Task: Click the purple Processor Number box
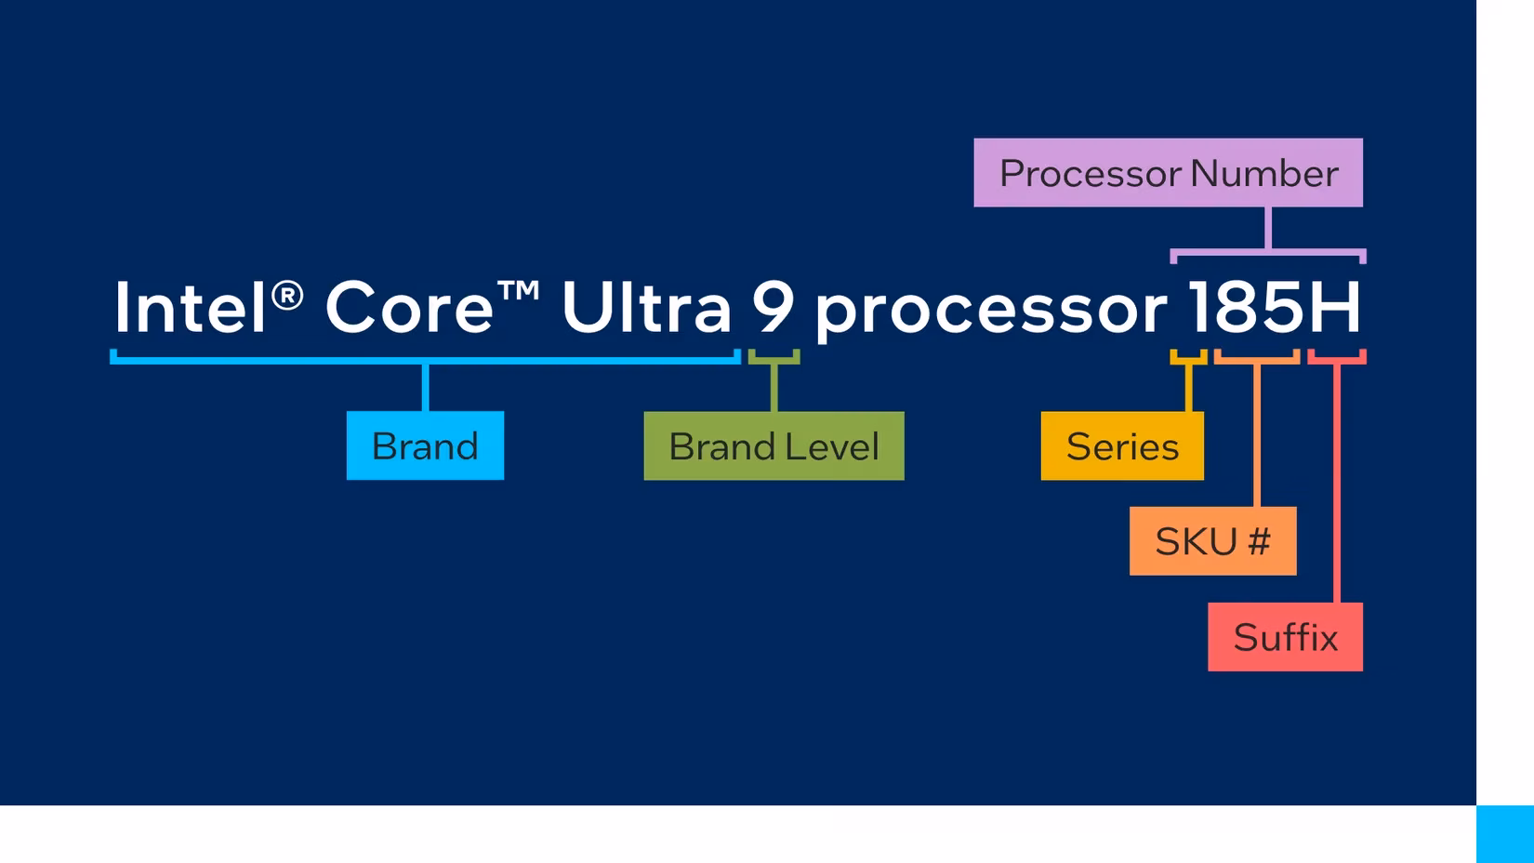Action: point(1168,173)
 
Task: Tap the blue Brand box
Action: point(425,445)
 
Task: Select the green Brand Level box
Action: point(774,445)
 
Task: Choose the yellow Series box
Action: point(1121,445)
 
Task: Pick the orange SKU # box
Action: point(1212,541)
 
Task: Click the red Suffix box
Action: point(1285,637)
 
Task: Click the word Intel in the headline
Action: point(190,308)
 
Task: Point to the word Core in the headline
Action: point(408,308)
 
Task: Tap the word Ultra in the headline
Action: point(646,308)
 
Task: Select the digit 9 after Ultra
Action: point(774,308)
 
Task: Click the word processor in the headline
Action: point(990,312)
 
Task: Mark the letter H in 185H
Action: point(1335,308)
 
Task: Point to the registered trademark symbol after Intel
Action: point(288,296)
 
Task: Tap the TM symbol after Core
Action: point(519,291)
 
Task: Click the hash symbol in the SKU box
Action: point(1259,541)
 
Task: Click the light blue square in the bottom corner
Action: point(1504,834)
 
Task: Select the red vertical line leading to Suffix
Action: point(1337,484)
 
